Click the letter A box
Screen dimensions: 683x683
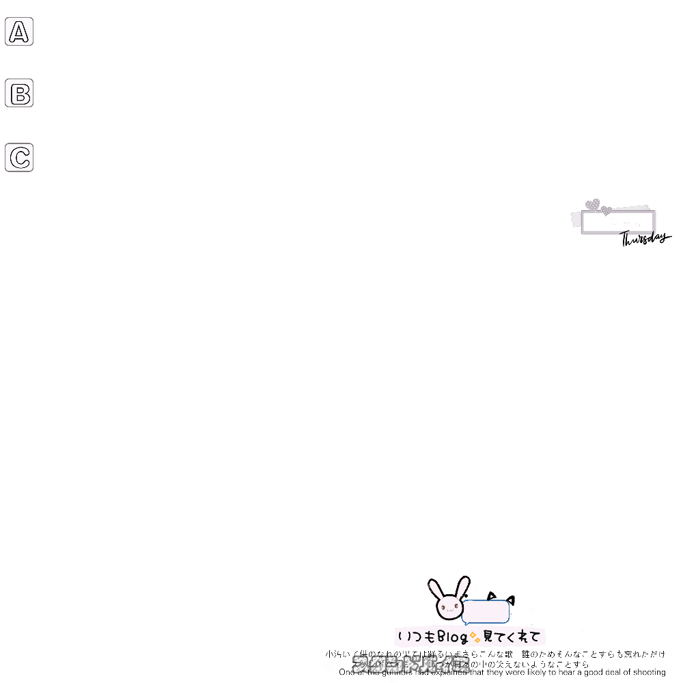[19, 31]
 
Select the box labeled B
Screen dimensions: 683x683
[19, 93]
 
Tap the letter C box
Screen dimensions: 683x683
[19, 157]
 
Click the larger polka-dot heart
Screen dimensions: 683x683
[593, 204]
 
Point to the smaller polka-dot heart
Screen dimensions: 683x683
[606, 210]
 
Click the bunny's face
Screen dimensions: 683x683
[449, 605]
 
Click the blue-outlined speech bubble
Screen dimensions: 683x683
[486, 611]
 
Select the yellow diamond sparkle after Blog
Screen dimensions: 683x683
[475, 638]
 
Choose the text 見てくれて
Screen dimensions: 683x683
[512, 637]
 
